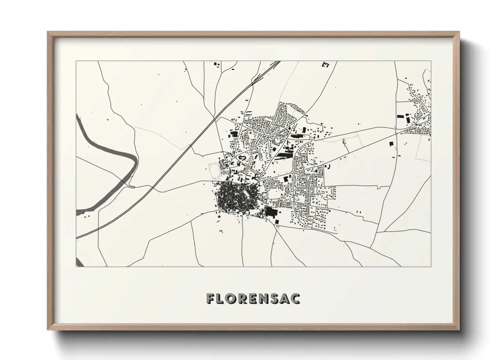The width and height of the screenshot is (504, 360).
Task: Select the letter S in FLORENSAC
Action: point(273,298)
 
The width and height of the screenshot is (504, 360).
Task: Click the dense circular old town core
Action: point(231,197)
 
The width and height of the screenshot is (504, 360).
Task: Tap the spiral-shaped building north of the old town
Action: point(242,158)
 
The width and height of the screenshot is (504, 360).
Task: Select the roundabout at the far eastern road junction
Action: point(396,134)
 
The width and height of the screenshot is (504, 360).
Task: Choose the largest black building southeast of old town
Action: point(271,212)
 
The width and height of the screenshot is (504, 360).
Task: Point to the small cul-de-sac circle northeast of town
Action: point(322,130)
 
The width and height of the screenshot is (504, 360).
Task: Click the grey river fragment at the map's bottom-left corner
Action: point(79,262)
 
